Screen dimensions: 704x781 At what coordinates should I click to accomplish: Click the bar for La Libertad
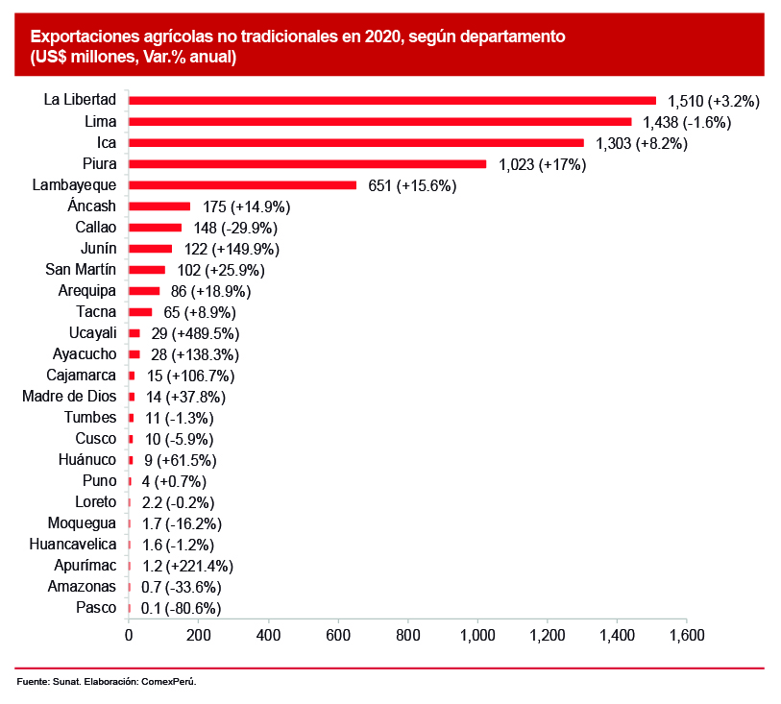[x=392, y=100]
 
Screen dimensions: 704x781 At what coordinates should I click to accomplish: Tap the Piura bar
[x=307, y=163]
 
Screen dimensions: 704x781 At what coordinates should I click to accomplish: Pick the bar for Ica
[x=355, y=142]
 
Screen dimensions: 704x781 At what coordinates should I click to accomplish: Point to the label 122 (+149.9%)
[x=232, y=249]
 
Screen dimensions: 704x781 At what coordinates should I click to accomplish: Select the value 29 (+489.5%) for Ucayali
[x=195, y=333]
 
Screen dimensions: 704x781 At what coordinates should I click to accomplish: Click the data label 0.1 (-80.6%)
[x=180, y=608]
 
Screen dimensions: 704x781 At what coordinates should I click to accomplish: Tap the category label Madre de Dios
[x=69, y=396]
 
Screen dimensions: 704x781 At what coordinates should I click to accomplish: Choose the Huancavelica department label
[x=73, y=545]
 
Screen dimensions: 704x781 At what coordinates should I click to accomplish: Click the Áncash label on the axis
[x=92, y=206]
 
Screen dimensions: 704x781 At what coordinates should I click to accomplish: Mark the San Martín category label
[x=82, y=270]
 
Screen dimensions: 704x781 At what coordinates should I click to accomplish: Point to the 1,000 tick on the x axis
[x=477, y=635]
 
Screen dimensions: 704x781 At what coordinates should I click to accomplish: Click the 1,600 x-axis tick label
[x=686, y=635]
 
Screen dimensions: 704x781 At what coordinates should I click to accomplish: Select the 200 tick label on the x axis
[x=198, y=635]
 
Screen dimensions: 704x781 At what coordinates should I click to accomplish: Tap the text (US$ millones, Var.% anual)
[x=133, y=57]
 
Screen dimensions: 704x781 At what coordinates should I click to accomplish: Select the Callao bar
[x=155, y=228]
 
